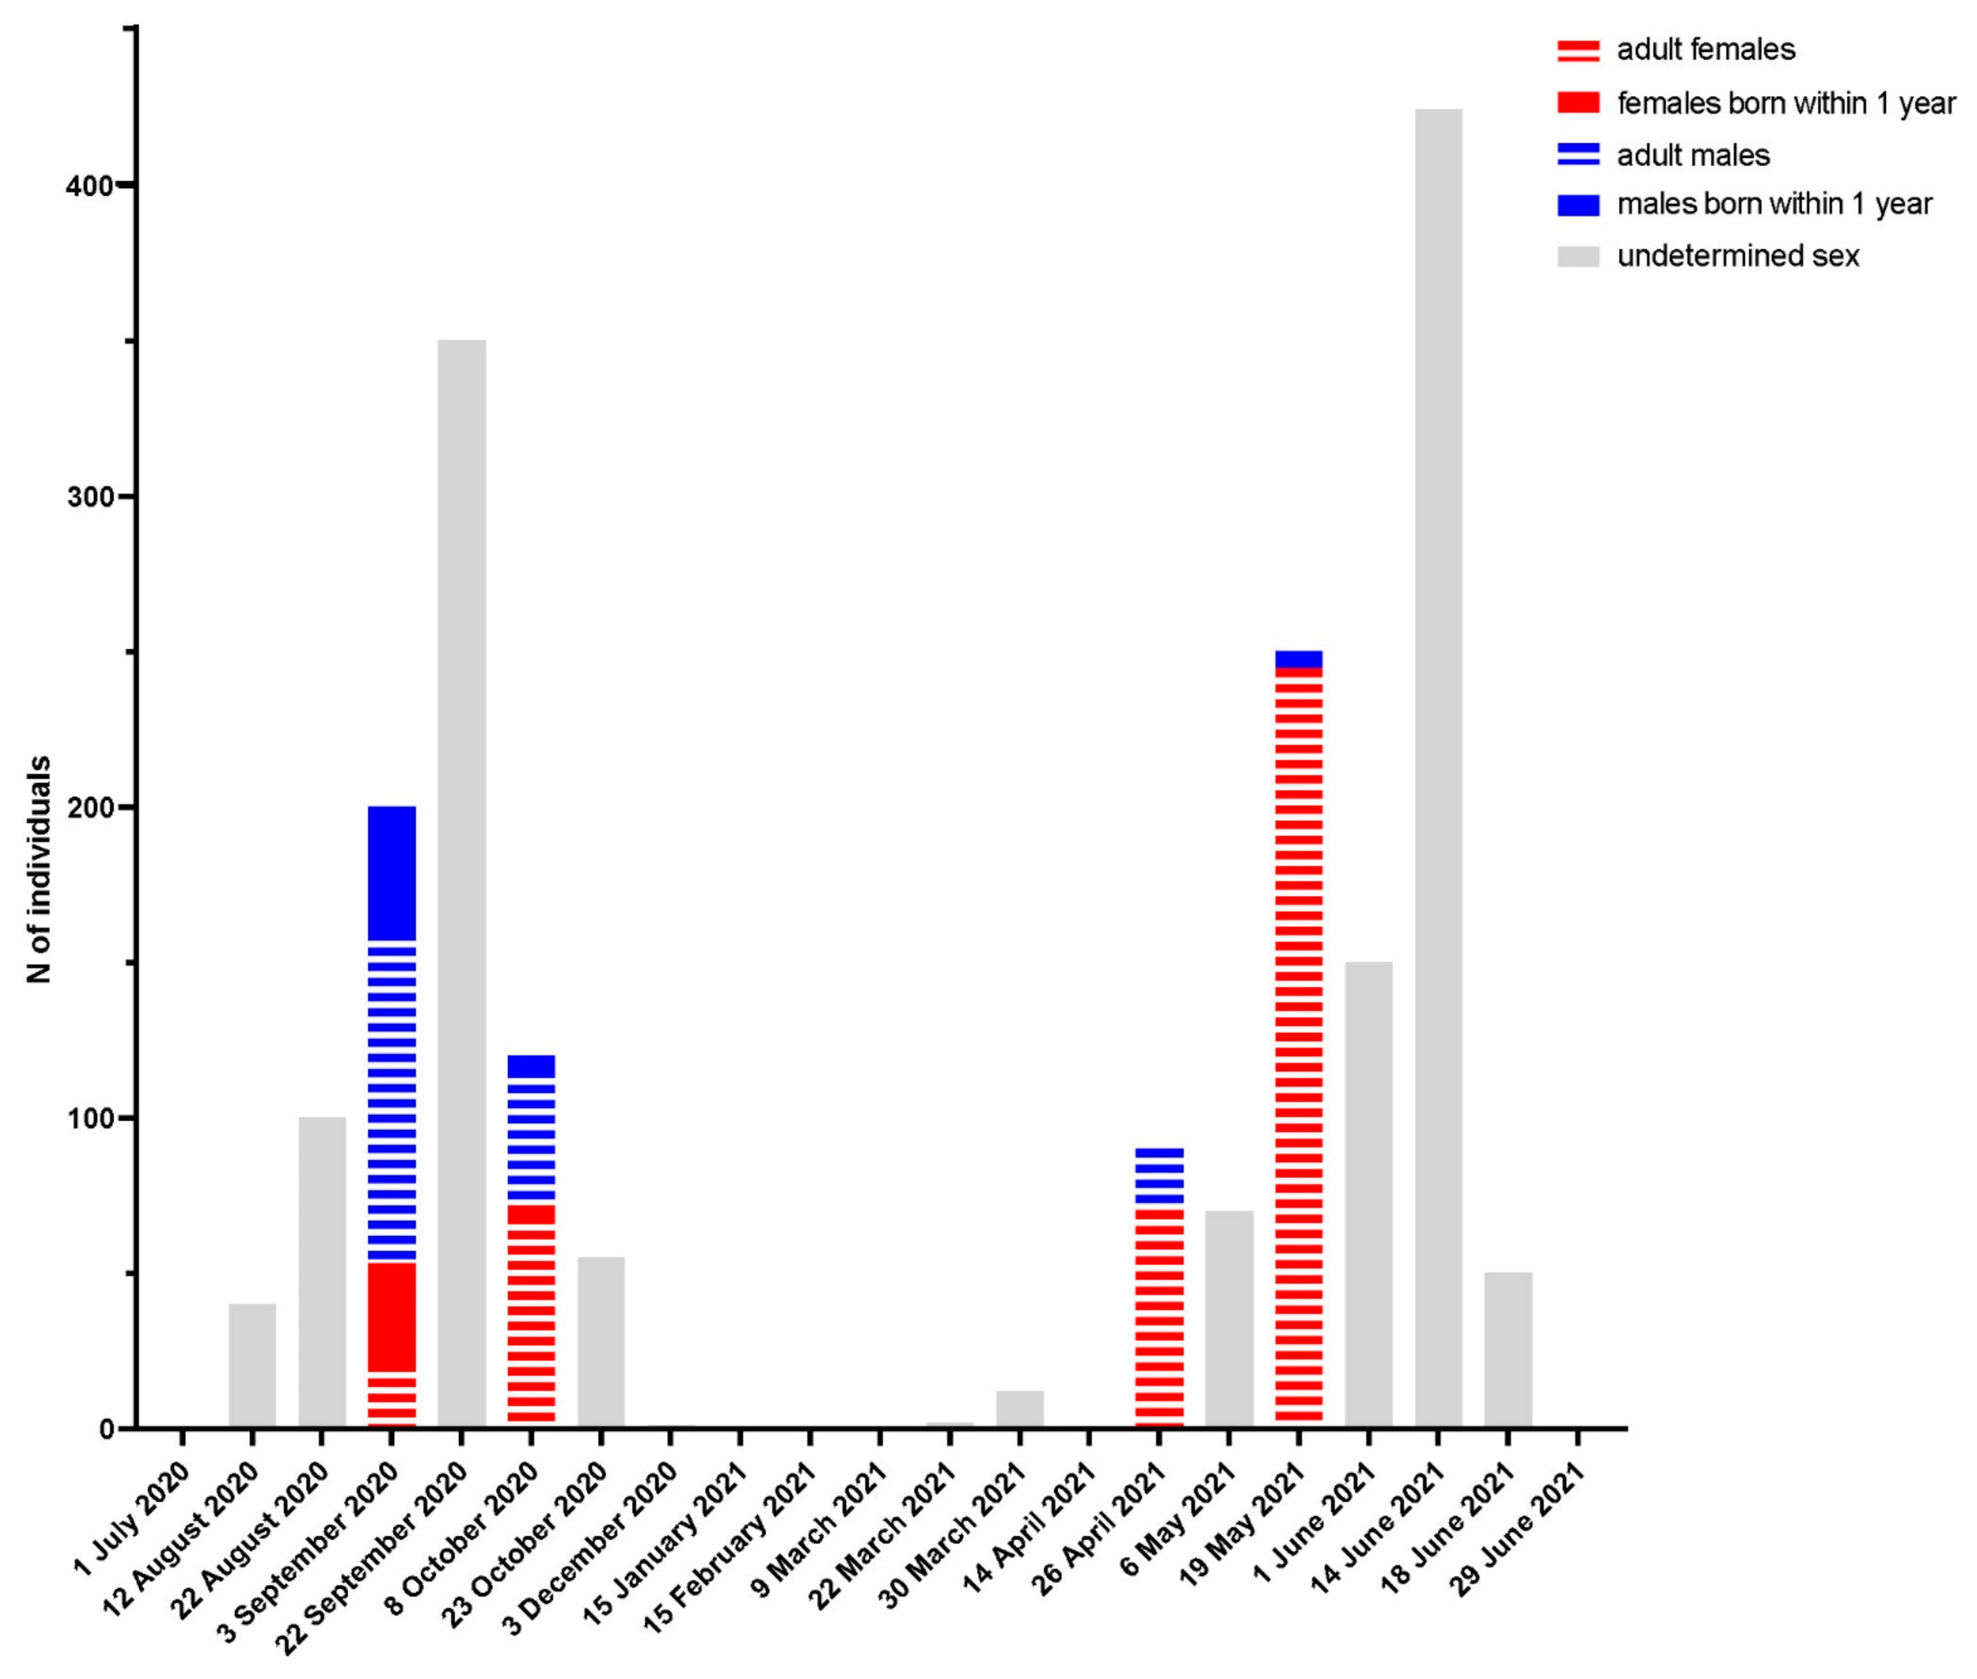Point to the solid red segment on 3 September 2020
392,1317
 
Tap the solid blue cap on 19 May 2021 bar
1298,659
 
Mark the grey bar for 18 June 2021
1508,1350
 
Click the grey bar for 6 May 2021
1229,1318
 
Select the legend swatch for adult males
1577,154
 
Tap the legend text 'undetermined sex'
1737,256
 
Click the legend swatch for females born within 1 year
1577,103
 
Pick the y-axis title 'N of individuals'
38,869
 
